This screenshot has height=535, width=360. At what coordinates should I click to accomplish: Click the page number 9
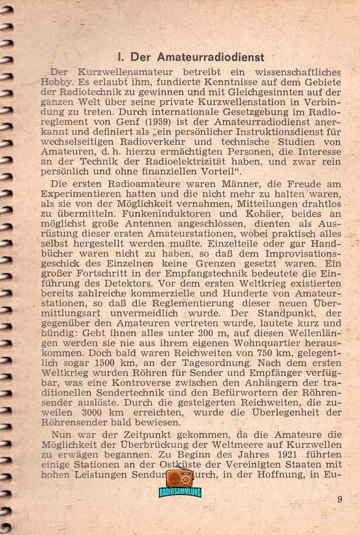click(x=340, y=499)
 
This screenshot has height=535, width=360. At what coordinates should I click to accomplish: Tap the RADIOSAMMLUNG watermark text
click(x=180, y=492)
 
